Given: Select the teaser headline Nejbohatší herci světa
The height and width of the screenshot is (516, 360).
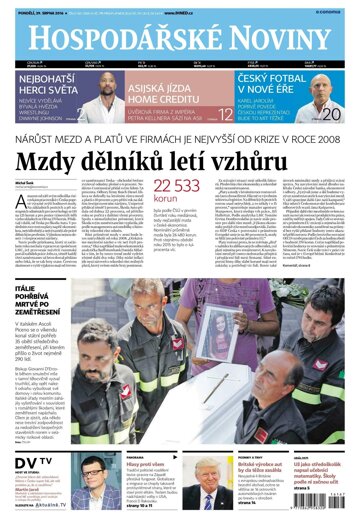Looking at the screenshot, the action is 41,83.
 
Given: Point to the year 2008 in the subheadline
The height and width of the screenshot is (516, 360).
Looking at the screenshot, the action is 328,140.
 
